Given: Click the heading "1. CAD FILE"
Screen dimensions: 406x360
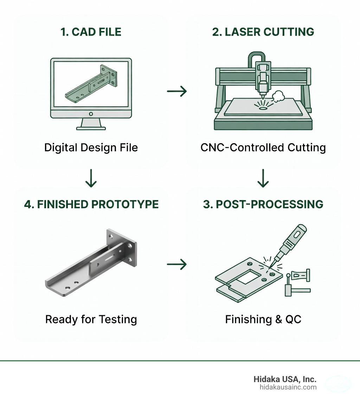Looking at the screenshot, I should coord(91,32).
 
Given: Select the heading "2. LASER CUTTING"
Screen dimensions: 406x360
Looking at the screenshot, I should coord(263,32).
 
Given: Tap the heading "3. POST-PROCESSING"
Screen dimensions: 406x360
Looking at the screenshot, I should coord(263,204).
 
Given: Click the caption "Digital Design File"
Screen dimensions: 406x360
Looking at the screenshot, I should coord(91,147).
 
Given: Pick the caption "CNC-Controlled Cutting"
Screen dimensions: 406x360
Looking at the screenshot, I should coord(263,147).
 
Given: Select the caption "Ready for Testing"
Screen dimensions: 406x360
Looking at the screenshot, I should coord(91,319).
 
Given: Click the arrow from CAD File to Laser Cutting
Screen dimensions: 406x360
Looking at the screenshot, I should coord(177,92).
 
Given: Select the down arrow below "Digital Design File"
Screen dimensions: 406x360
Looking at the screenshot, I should coord(91,179).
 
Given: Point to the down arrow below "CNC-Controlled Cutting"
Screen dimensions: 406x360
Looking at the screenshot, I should coord(263,179).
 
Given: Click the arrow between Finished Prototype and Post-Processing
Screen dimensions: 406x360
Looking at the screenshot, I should coord(177,264).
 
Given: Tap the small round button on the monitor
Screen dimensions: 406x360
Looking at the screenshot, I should coord(91,114).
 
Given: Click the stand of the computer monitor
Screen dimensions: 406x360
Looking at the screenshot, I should coord(91,124).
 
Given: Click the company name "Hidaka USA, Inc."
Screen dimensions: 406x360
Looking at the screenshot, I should coord(285,379).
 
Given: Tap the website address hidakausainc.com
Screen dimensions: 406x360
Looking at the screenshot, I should coord(288,387).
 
